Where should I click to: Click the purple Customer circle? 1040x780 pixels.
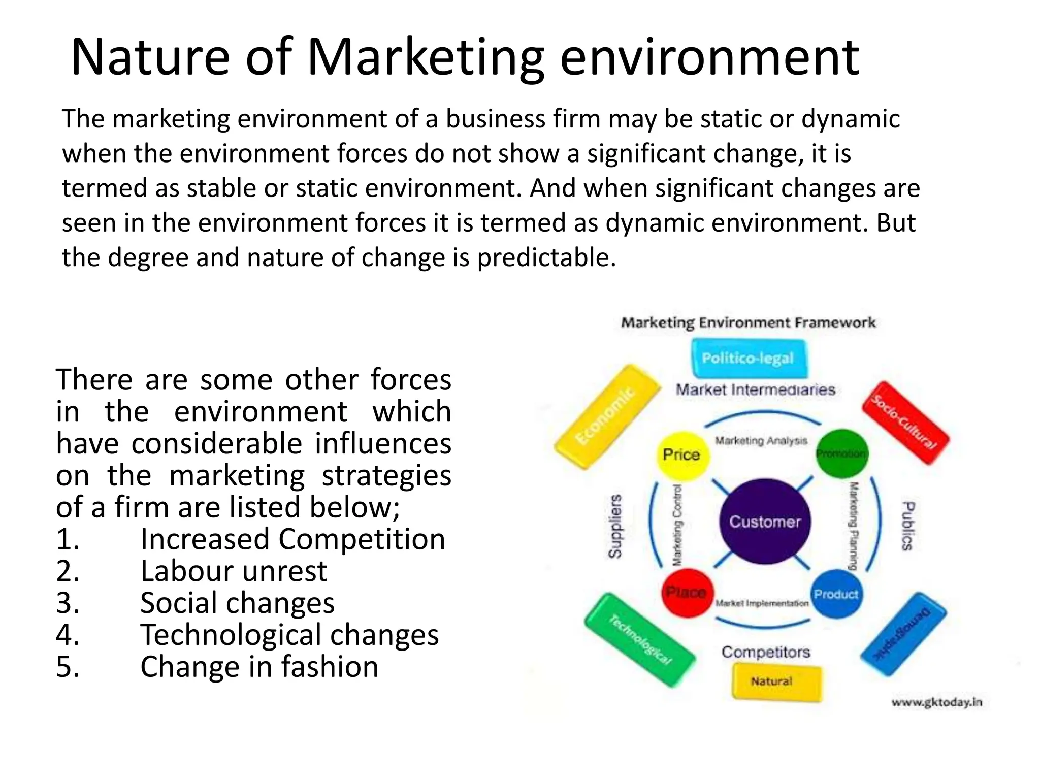click(765, 521)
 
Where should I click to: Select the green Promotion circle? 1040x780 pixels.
click(842, 453)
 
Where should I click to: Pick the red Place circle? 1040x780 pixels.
click(687, 592)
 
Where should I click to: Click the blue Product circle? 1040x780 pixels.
click(835, 594)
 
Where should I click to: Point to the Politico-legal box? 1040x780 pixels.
click(748, 359)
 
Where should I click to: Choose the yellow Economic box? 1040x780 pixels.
click(606, 416)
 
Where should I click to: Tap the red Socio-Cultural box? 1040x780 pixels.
click(905, 422)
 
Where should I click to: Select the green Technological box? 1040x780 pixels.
click(640, 639)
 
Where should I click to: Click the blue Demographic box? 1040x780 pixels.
click(904, 634)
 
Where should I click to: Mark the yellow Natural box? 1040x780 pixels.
click(776, 681)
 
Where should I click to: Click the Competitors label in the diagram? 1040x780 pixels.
click(766, 652)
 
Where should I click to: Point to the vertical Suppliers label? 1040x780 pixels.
click(615, 526)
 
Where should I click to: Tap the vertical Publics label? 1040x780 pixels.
click(907, 526)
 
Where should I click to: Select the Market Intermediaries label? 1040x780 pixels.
click(756, 389)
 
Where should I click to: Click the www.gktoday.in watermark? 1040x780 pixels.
click(937, 702)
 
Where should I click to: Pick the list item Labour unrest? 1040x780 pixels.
click(234, 571)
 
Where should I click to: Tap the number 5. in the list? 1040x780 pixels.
click(68, 666)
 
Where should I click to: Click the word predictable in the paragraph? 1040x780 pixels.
click(546, 257)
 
